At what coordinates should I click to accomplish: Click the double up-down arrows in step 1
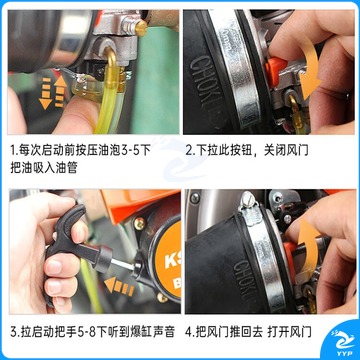pyautogui.click(x=53, y=92)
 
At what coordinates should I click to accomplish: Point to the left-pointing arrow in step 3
pyautogui.click(x=119, y=287)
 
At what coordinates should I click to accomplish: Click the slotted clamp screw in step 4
pyautogui.click(x=247, y=202)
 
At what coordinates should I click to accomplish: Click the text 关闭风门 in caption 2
pyautogui.click(x=286, y=150)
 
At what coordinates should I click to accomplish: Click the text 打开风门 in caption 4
pyautogui.click(x=289, y=332)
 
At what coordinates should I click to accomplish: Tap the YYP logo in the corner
pyautogui.click(x=343, y=342)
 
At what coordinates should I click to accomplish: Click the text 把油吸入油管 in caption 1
pyautogui.click(x=44, y=168)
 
